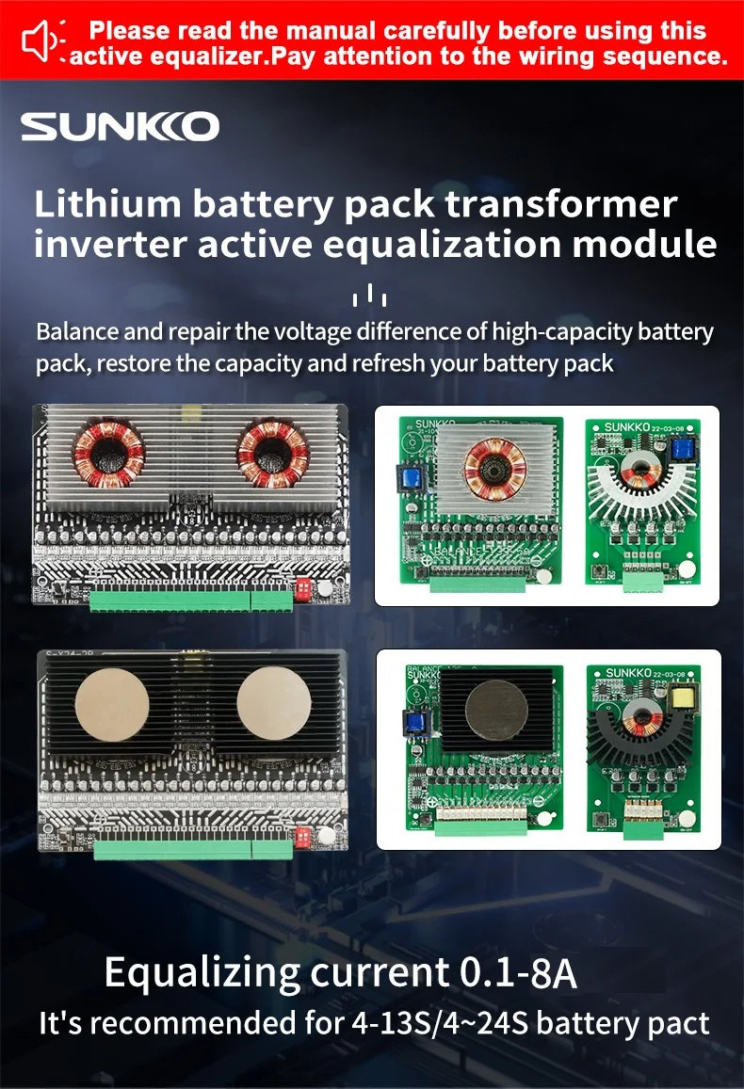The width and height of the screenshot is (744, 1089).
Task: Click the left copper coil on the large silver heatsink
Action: coord(108,452)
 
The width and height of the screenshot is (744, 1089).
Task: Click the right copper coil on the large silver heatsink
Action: coord(273,453)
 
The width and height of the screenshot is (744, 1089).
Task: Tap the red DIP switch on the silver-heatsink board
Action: coord(304,589)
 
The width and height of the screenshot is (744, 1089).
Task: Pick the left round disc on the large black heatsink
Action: coord(109,707)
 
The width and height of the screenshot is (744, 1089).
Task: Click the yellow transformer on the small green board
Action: coord(679,699)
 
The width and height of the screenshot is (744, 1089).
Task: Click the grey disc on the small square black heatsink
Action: coord(488,708)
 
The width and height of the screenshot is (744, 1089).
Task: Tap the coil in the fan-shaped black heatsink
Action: coord(643,716)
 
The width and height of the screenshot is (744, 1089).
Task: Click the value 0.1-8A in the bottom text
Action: coord(518,971)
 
